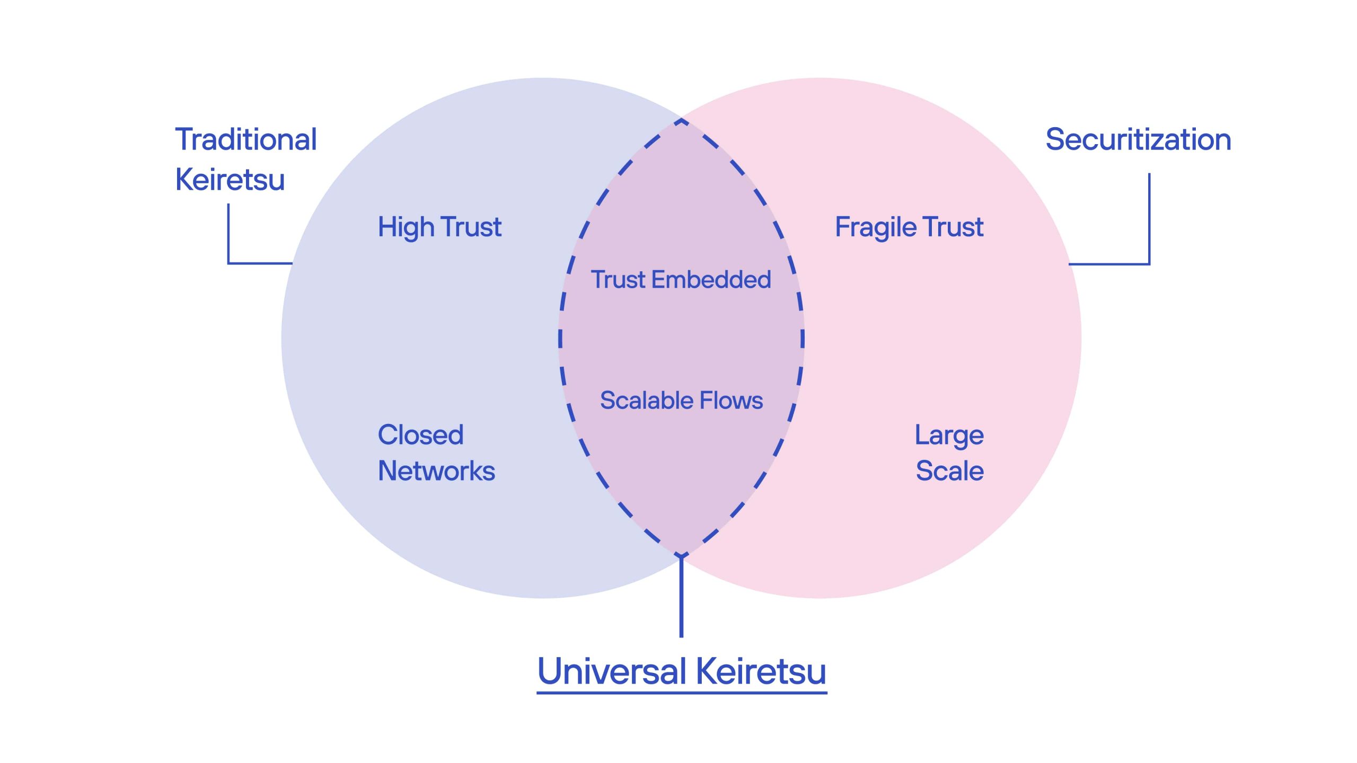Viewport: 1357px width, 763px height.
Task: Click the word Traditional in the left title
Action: click(x=246, y=140)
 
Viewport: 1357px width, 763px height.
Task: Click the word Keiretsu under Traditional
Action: click(x=230, y=180)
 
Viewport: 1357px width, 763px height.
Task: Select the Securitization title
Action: click(x=1138, y=140)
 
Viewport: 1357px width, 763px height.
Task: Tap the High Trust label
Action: click(x=439, y=227)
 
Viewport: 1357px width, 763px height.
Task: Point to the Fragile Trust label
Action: click(x=909, y=227)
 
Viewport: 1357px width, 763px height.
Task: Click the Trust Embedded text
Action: click(x=681, y=280)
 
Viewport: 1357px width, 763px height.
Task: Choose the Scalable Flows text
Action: click(x=681, y=401)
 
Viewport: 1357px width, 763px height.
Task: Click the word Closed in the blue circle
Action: click(x=420, y=435)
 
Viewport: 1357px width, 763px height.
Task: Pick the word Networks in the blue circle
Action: click(x=436, y=471)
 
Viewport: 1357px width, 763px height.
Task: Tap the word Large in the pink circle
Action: click(x=949, y=436)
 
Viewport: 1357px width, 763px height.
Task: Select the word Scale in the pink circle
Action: click(x=950, y=471)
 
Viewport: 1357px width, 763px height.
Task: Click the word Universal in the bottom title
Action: click(x=612, y=671)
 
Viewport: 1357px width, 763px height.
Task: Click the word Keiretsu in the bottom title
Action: click(x=761, y=671)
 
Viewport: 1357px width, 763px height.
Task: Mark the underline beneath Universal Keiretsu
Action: click(x=682, y=692)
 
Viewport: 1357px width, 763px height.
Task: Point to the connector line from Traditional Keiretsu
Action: click(x=228, y=238)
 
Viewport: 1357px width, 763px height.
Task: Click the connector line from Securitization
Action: click(x=1149, y=223)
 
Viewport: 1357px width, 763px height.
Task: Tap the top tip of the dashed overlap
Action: click(x=681, y=122)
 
